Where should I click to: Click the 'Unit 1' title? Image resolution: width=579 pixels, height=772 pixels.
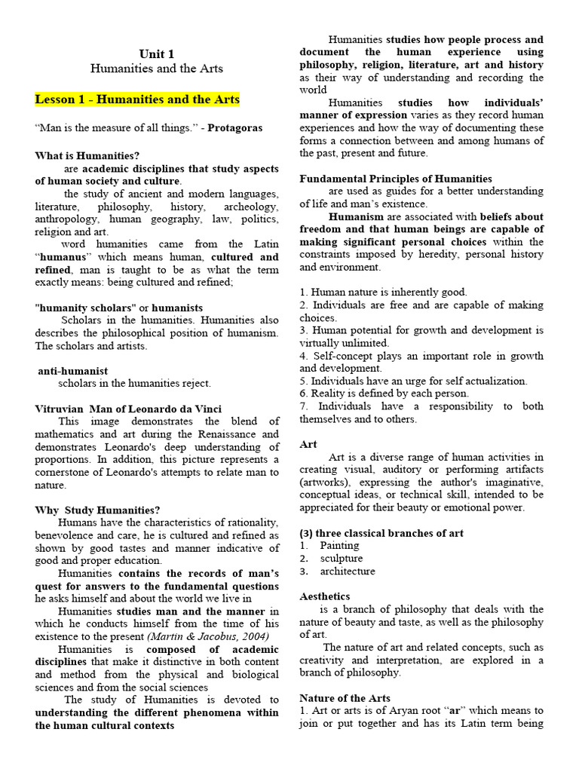click(157, 54)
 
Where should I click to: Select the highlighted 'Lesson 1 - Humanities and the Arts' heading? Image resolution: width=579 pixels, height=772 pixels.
click(137, 100)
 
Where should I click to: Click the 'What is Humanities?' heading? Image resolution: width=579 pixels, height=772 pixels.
click(87, 156)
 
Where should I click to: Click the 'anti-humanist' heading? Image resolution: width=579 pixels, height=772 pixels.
click(73, 371)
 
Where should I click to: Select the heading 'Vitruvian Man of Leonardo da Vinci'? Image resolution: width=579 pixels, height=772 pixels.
click(128, 409)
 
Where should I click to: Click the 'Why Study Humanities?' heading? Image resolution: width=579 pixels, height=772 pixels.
click(97, 510)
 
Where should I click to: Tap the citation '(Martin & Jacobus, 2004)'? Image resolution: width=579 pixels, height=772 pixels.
click(205, 636)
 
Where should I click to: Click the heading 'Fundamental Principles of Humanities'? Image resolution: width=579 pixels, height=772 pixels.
click(396, 179)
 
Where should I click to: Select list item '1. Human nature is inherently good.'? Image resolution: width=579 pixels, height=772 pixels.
click(383, 292)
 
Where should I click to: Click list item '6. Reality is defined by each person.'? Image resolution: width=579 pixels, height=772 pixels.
click(384, 393)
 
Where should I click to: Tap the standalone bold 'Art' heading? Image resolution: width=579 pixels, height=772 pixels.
click(308, 445)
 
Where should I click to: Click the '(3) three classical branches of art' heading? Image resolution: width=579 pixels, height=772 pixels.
click(381, 533)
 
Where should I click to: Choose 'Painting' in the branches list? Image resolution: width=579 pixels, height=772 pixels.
click(339, 545)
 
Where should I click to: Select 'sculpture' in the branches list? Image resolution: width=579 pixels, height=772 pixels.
click(341, 558)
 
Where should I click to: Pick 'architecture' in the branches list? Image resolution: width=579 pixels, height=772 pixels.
click(347, 571)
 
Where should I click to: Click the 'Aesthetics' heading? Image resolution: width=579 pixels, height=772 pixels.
click(324, 596)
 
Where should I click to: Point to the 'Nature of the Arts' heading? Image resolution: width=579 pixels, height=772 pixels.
click(345, 698)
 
